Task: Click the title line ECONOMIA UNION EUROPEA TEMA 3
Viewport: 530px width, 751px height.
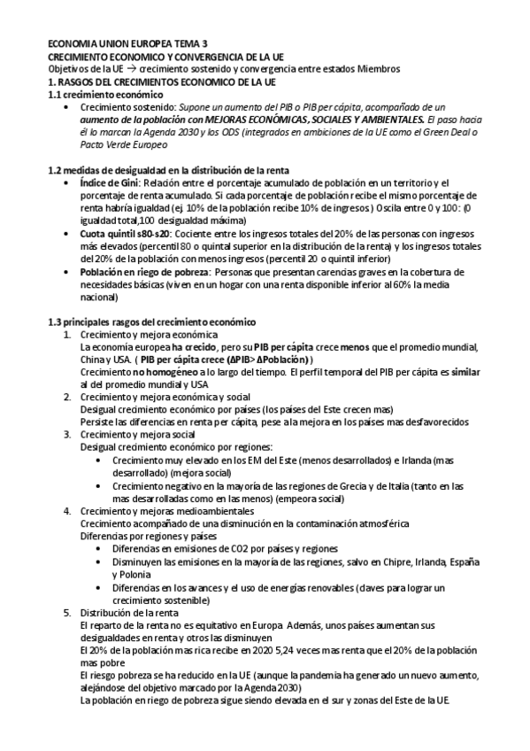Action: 128,43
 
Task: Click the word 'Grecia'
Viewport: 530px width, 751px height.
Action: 340,485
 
